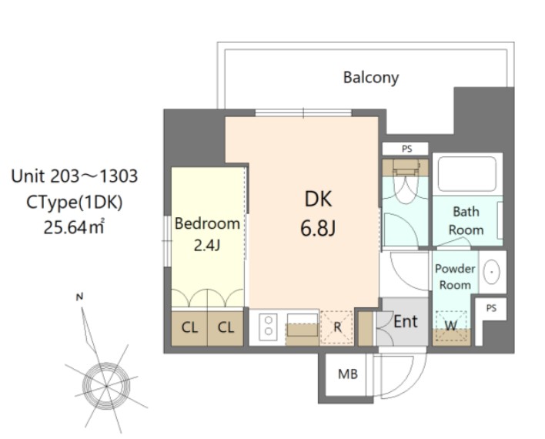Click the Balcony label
371,77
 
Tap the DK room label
317,199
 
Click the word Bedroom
207,224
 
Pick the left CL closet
189,327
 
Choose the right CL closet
225,327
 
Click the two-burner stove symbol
268,327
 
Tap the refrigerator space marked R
336,327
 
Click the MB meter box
347,375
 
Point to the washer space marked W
450,326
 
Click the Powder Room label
455,276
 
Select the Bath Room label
466,220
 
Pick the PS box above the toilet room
405,149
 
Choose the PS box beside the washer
491,308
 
